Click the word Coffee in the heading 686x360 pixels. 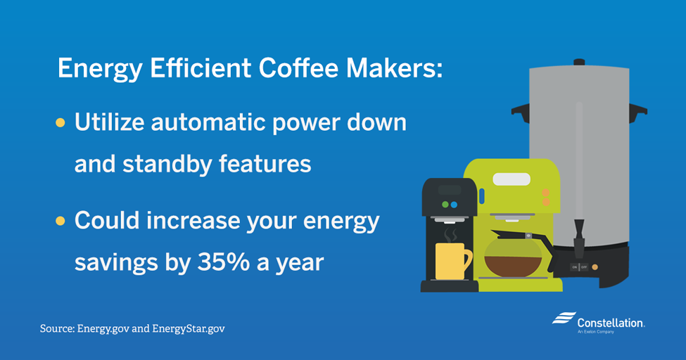coord(298,68)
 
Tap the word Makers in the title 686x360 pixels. coord(394,68)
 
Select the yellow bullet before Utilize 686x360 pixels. coord(61,123)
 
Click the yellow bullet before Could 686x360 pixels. coord(61,221)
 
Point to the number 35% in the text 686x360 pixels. coord(224,262)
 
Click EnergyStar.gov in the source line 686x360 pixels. coord(189,328)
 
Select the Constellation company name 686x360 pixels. coord(611,323)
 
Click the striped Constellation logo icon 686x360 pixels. coord(564,318)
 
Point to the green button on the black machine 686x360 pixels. coord(445,205)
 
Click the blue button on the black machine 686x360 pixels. coord(454,205)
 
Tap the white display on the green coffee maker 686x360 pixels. coord(512,179)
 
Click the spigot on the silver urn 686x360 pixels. coord(579,238)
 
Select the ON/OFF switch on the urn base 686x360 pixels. coord(579,266)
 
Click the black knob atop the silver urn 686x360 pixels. coord(579,62)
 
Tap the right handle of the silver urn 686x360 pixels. coord(638,110)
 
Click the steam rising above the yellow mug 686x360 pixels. coord(450,235)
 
